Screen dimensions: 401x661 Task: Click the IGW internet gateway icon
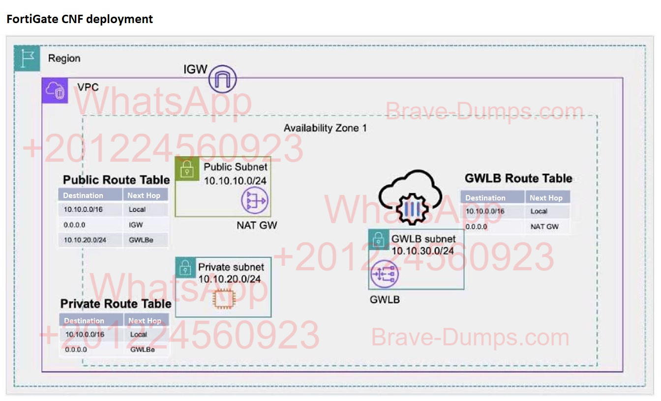pos(222,79)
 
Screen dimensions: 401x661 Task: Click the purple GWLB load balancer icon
pos(384,274)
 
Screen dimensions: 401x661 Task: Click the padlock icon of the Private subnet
pos(186,267)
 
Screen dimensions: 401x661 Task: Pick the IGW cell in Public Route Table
pos(137,225)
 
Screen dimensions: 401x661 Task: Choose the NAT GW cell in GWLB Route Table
pos(544,227)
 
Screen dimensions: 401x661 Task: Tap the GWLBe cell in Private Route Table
pos(143,349)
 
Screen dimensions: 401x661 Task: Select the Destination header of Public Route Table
pos(84,195)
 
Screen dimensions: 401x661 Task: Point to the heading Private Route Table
pos(116,304)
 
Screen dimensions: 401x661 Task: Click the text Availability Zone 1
pos(325,128)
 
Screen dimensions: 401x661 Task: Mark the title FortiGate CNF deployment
pos(80,19)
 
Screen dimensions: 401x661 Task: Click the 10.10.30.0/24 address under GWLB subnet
pos(422,251)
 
